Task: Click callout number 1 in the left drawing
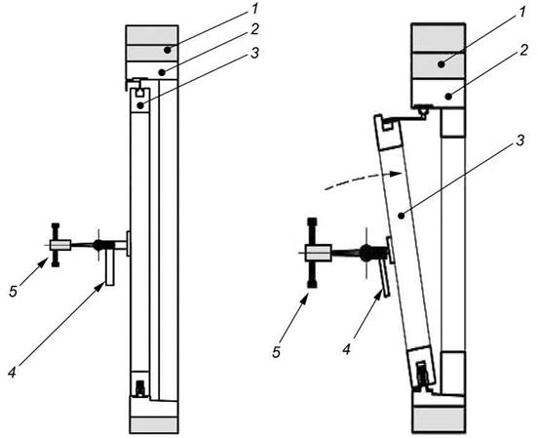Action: (x=254, y=9)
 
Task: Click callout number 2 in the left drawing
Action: (x=254, y=29)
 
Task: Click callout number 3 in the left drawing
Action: (x=254, y=54)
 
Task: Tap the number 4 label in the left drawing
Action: (x=13, y=372)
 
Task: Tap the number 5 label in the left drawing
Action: (x=13, y=292)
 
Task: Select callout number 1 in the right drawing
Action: (x=521, y=13)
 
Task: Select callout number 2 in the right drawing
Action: (x=523, y=51)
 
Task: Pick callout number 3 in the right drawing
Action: (x=520, y=139)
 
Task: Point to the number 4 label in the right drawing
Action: (x=347, y=349)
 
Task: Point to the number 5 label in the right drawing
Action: (x=277, y=352)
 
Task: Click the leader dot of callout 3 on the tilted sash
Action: (x=402, y=216)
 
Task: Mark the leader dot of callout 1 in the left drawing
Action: (x=167, y=50)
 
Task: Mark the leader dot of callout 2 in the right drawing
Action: (x=448, y=97)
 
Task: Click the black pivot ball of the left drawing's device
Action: (x=98, y=245)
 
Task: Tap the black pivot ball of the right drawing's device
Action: (x=365, y=252)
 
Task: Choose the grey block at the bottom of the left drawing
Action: (x=154, y=425)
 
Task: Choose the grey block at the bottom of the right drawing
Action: (x=440, y=419)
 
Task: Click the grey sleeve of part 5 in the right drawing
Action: (x=319, y=254)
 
